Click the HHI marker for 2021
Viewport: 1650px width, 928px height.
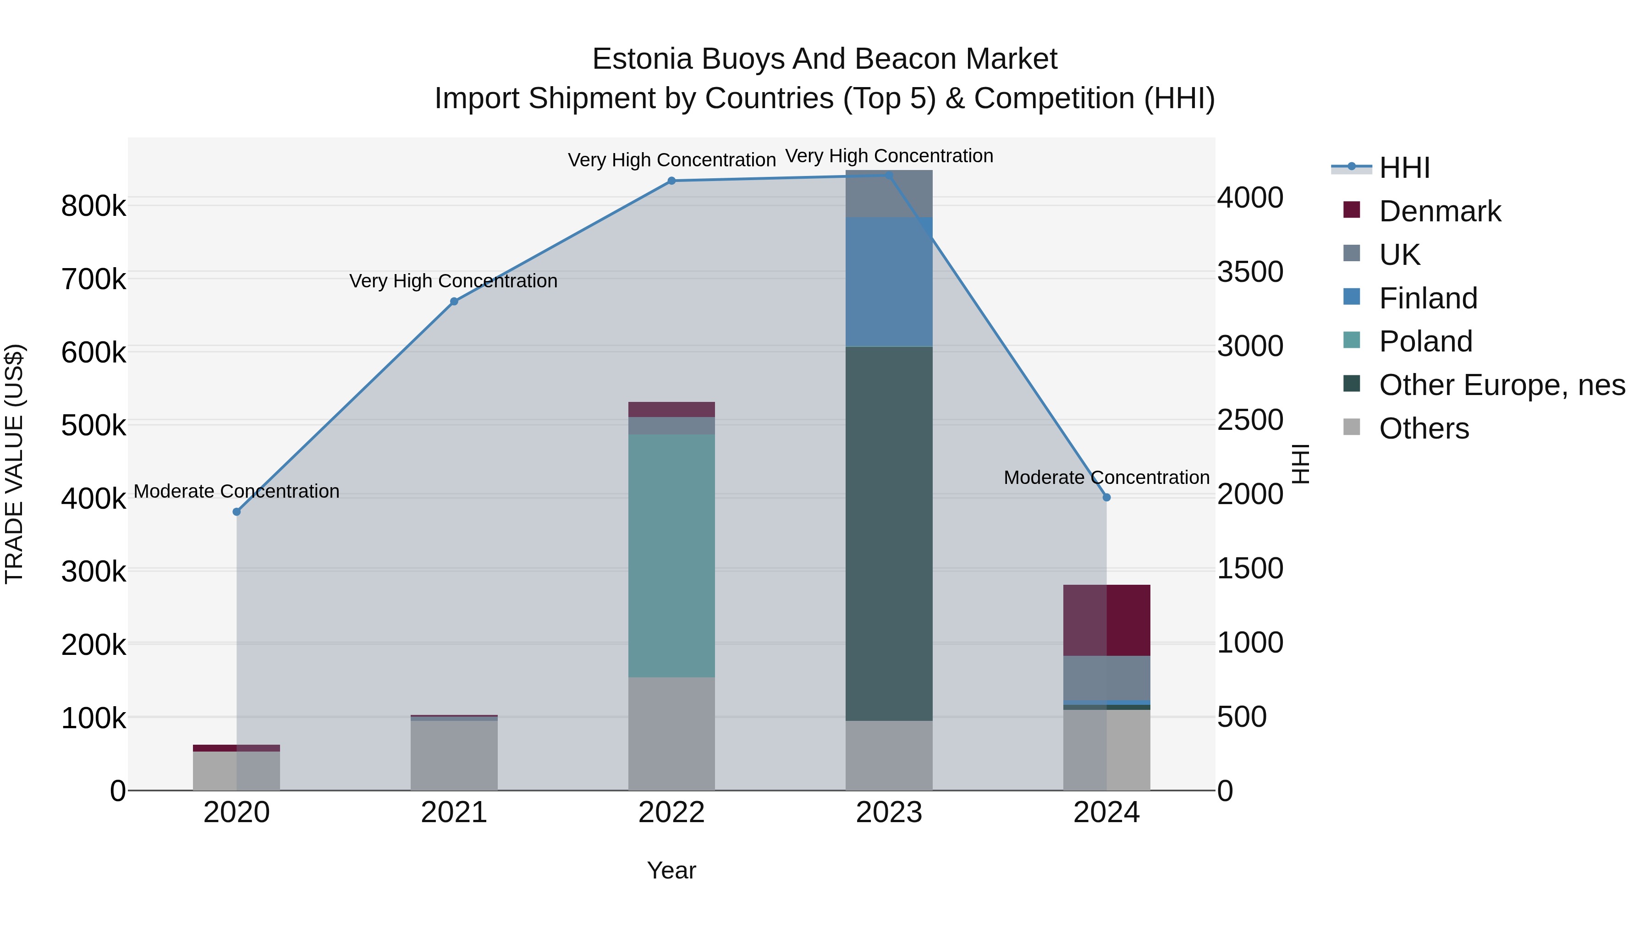coord(454,302)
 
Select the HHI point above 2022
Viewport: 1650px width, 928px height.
coord(671,181)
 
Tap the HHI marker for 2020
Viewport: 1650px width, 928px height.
coord(236,512)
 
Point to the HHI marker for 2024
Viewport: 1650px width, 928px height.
coord(1106,498)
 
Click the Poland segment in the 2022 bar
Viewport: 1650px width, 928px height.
coord(671,555)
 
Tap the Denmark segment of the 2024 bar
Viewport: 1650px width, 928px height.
coord(1106,620)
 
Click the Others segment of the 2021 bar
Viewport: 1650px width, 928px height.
coord(454,755)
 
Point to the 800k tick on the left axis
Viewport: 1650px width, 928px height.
coord(93,206)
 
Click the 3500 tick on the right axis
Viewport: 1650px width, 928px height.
coord(1250,272)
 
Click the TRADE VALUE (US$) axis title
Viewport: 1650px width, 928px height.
coord(15,464)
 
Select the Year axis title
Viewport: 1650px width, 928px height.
coord(671,870)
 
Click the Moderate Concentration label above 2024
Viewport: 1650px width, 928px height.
coord(1106,478)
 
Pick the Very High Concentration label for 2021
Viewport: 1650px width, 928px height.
coord(453,281)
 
